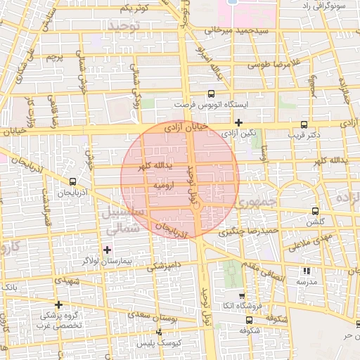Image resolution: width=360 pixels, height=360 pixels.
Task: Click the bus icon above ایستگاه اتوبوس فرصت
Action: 210,94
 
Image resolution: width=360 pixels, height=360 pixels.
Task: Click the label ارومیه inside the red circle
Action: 153,184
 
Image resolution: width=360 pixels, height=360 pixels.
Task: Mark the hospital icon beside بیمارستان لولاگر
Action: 107,250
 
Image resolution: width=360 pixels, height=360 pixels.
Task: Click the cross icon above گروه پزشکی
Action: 58,305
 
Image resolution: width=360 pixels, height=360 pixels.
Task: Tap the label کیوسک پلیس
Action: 159,342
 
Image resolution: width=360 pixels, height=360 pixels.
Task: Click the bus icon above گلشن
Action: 314,211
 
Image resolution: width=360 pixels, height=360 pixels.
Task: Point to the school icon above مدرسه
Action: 305,271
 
